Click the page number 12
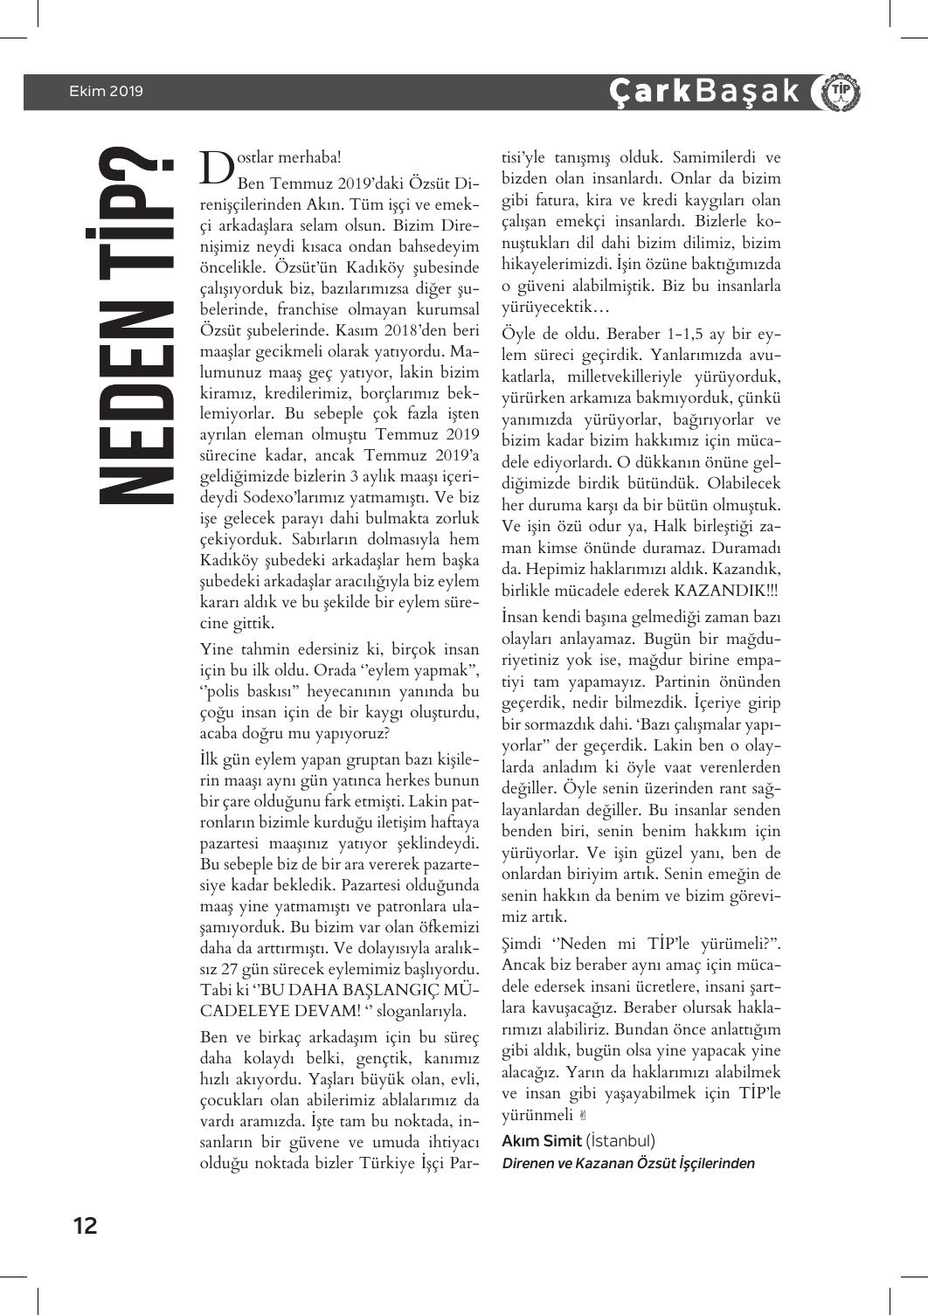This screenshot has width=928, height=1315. (85, 1225)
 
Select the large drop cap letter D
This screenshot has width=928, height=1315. (216, 167)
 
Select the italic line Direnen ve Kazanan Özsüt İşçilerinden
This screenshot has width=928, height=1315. (628, 1163)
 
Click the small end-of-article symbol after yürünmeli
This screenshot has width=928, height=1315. (584, 1116)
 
